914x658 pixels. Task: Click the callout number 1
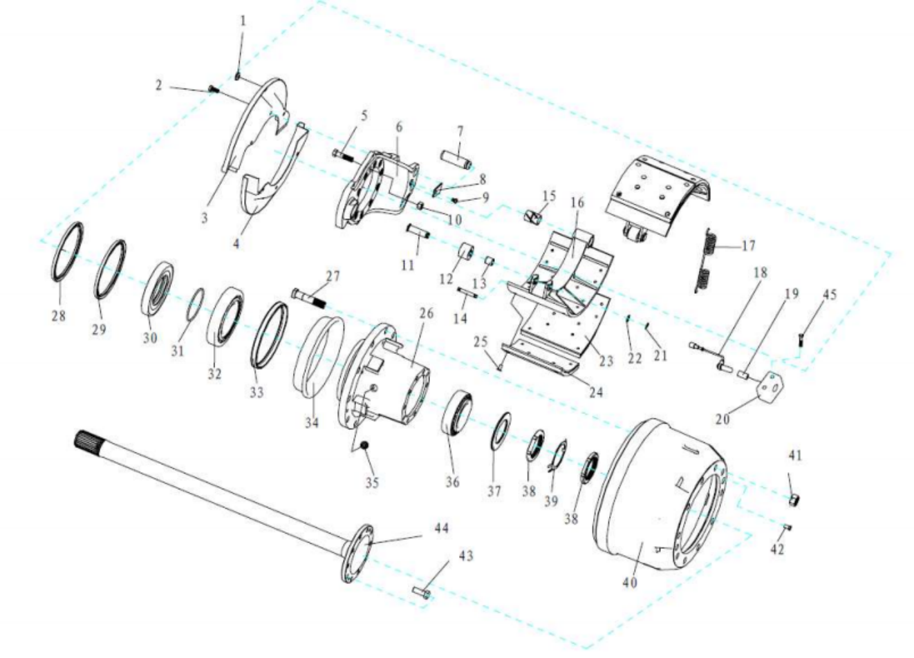(x=243, y=21)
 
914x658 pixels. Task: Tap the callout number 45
(x=830, y=294)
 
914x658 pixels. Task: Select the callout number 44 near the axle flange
(x=442, y=528)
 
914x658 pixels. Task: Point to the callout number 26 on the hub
(x=427, y=313)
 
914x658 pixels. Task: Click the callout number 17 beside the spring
(x=748, y=245)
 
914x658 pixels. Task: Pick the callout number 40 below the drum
(x=630, y=583)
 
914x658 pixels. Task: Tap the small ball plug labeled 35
(x=364, y=446)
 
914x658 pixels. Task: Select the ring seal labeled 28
(x=68, y=252)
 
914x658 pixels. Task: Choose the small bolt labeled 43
(x=421, y=592)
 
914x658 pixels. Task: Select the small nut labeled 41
(x=794, y=500)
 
